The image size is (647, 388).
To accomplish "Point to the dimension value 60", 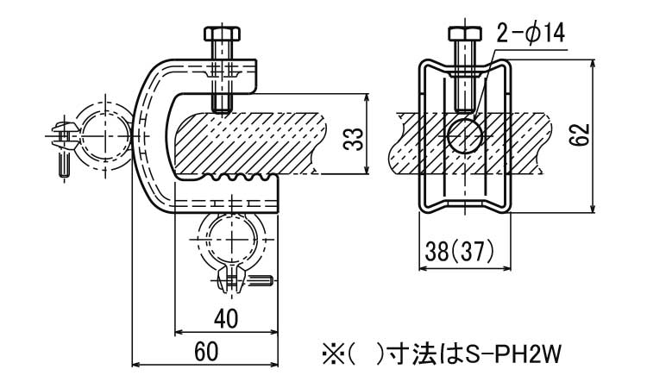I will tap(204, 352).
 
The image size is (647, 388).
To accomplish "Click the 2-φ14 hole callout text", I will tap(530, 34).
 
